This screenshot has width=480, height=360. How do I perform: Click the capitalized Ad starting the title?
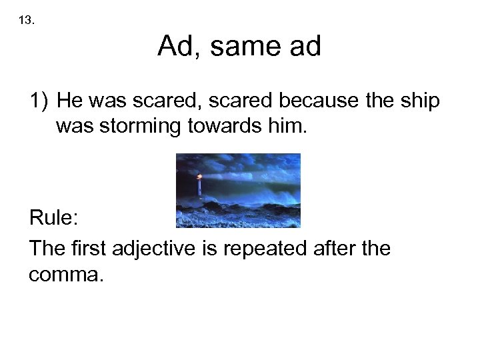[x=175, y=47]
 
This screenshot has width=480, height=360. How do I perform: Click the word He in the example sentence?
[x=69, y=101]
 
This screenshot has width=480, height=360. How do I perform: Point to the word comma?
[x=65, y=274]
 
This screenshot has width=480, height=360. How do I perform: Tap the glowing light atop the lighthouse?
[x=199, y=177]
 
